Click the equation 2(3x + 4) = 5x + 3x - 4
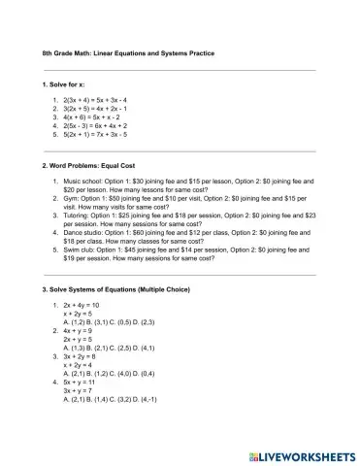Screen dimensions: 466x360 pyautogui.click(x=102, y=100)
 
